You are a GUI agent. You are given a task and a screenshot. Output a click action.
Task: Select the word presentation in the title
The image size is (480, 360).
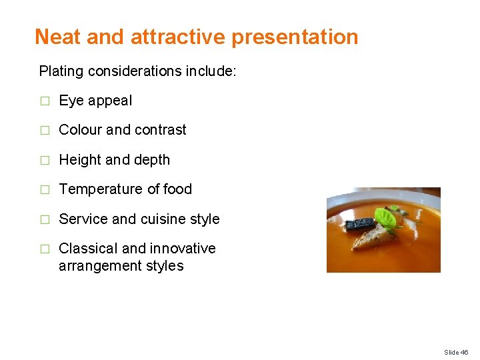click(x=295, y=37)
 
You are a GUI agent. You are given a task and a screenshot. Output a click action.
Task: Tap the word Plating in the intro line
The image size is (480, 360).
click(x=61, y=71)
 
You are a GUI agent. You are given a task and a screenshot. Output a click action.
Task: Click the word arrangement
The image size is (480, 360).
click(x=101, y=265)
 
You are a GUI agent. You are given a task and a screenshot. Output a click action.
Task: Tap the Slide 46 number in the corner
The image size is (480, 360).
click(x=456, y=352)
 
